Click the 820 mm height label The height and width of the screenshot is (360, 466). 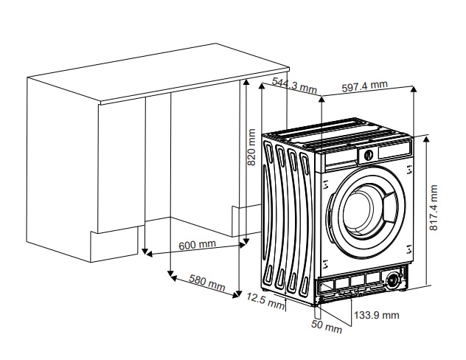click(251, 147)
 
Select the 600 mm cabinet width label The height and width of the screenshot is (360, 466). click(198, 245)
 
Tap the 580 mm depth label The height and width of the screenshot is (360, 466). click(207, 283)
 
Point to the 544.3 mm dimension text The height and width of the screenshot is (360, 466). click(294, 86)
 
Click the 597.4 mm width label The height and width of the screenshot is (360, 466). click(365, 86)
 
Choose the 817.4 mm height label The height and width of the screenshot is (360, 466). click(434, 207)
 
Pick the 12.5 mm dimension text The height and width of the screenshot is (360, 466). click(265, 300)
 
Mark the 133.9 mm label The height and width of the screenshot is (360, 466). click(377, 315)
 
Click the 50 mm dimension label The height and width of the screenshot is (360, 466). click(327, 326)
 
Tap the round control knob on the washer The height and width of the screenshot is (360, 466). click(368, 155)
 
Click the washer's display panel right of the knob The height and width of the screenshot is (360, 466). click(394, 149)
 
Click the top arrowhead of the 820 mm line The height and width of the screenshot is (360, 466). click(246, 83)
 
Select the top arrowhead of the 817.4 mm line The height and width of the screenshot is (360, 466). click(426, 139)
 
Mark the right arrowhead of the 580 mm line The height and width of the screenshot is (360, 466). click(236, 295)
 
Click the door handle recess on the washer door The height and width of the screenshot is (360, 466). click(389, 206)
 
